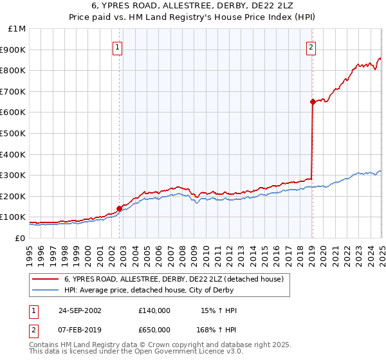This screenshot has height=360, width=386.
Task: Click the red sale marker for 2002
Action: (x=119, y=208)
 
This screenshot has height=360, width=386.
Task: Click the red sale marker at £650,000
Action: (x=312, y=102)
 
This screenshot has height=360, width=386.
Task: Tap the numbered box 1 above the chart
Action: (x=119, y=46)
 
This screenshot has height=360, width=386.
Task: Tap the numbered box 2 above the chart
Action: (x=311, y=46)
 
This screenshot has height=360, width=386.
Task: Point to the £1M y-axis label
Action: (x=17, y=29)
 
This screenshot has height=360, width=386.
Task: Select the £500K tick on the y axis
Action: (x=15, y=134)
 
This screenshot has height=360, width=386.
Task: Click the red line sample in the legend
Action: (x=46, y=279)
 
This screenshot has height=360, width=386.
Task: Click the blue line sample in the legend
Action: (x=46, y=291)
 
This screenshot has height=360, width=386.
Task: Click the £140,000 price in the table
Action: (x=154, y=310)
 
